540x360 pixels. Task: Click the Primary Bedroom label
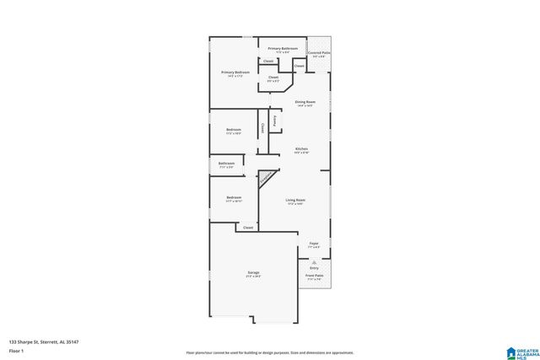click(x=234, y=73)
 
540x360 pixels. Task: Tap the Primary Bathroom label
click(x=282, y=50)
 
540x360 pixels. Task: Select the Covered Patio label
click(x=319, y=54)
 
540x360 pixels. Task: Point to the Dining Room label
click(x=305, y=103)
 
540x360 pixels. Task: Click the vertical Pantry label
click(x=274, y=121)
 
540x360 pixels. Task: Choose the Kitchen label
click(x=301, y=150)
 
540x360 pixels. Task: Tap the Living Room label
click(x=295, y=201)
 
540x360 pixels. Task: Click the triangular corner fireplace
click(x=267, y=178)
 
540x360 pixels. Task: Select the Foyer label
click(x=313, y=244)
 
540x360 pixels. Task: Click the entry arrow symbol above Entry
click(x=314, y=262)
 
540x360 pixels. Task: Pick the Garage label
click(x=253, y=273)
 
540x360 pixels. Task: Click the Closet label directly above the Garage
click(x=248, y=228)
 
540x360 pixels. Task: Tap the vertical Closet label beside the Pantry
click(x=262, y=127)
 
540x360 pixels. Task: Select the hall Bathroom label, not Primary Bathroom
click(x=226, y=164)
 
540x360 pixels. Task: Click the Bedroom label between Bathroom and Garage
click(x=234, y=198)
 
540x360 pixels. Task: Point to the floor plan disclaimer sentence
click(x=269, y=352)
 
